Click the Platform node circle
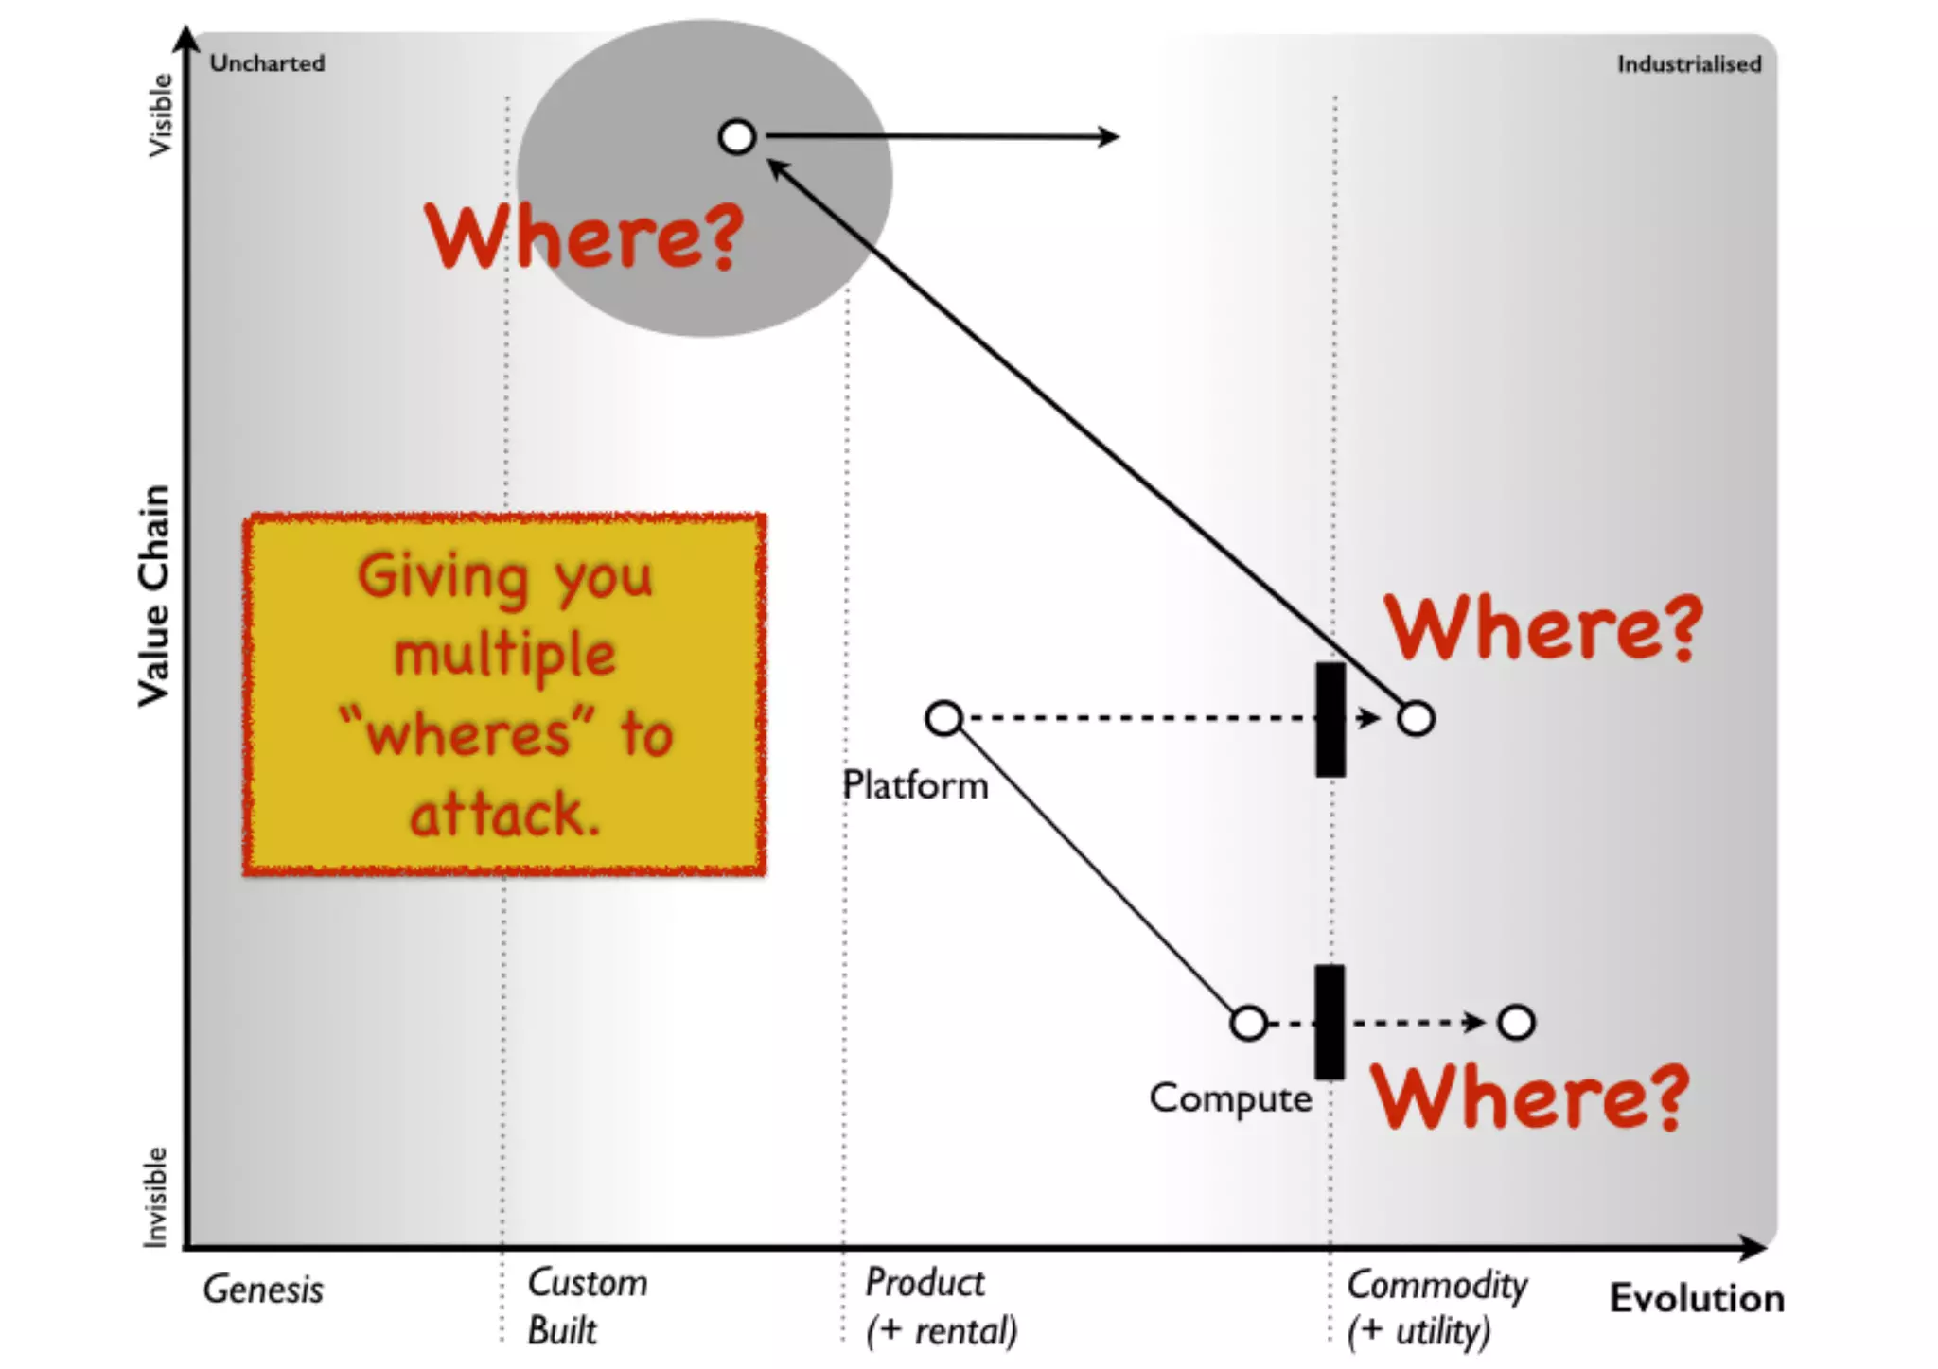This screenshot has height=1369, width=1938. pos(944,718)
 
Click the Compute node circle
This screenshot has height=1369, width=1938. pos(1249,1023)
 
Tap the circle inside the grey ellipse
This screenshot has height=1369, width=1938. pos(737,137)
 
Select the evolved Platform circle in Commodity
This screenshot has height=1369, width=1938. pos(1416,719)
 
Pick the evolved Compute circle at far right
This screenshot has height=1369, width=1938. pos(1517,1023)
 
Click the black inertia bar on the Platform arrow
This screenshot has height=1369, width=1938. pos(1330,720)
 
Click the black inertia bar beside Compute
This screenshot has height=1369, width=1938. pos(1330,1022)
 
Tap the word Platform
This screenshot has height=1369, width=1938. pos(915,785)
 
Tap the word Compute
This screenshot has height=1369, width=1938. pos(1230,1098)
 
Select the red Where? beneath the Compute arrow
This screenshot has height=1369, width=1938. pos(1529,1097)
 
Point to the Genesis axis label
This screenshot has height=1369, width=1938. pos(263,1290)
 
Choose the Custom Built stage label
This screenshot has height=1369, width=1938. pos(587,1307)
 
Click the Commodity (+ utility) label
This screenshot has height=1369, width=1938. pos(1436,1308)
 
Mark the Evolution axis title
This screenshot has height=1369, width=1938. pos(1697,1298)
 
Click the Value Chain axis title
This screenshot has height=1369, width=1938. pos(154,596)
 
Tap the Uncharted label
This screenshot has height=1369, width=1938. pos(267,63)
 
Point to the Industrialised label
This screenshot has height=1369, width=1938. pos(1688,64)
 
